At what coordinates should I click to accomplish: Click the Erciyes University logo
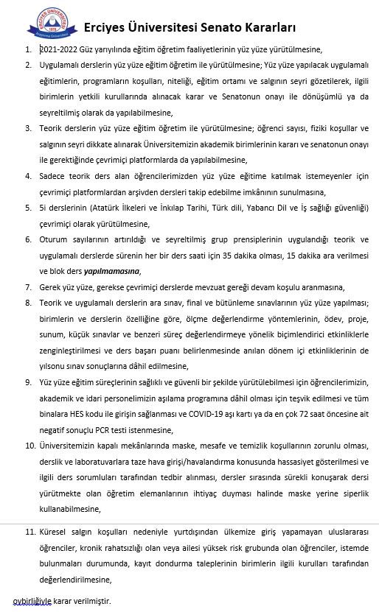click(x=52, y=23)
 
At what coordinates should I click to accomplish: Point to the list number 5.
click(x=28, y=208)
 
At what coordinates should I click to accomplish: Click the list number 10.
click(x=29, y=446)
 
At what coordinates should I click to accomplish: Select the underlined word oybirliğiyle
click(x=32, y=602)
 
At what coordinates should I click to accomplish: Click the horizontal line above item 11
click(x=189, y=522)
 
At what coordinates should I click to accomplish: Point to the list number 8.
click(x=28, y=303)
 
